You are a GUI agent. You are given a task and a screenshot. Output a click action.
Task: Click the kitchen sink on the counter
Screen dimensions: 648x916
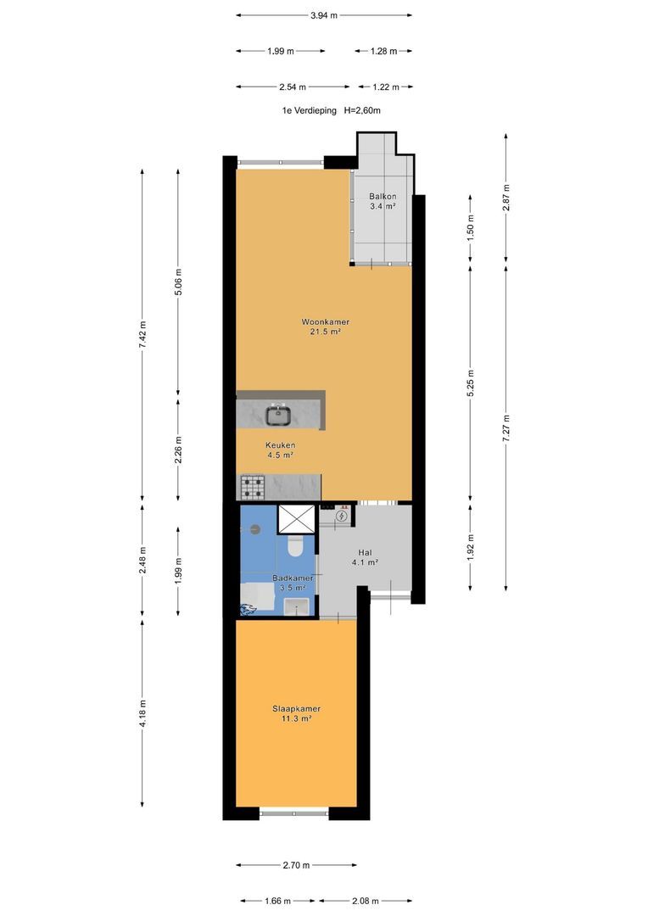pyautogui.click(x=280, y=415)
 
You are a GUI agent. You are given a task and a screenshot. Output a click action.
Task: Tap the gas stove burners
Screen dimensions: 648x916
pyautogui.click(x=253, y=487)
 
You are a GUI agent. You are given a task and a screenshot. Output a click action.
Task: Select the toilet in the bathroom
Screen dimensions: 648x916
pyautogui.click(x=295, y=546)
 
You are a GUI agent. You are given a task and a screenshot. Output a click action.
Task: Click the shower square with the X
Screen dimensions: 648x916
pyautogui.click(x=296, y=519)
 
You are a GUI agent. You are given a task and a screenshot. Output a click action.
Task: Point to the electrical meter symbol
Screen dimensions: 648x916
pyautogui.click(x=341, y=516)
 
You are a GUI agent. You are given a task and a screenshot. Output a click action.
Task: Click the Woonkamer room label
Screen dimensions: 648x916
pyautogui.click(x=326, y=322)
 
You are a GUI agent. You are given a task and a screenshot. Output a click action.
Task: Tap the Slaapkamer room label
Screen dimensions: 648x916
pyautogui.click(x=296, y=708)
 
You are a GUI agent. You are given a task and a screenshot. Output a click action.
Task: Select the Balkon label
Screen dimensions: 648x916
pyautogui.click(x=383, y=196)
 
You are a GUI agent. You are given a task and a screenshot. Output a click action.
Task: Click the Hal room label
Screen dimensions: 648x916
pyautogui.click(x=366, y=553)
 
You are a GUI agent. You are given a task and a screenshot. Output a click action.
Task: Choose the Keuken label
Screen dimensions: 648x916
pyautogui.click(x=281, y=445)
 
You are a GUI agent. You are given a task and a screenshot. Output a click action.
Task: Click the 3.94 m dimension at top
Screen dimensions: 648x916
pyautogui.click(x=324, y=15)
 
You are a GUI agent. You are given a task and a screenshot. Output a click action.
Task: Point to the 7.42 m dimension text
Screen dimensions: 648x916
pyautogui.click(x=142, y=335)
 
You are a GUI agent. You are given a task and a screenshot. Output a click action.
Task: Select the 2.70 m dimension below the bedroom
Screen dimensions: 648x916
pyautogui.click(x=296, y=865)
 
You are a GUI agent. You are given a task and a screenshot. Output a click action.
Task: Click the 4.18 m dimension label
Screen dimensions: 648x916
pyautogui.click(x=142, y=713)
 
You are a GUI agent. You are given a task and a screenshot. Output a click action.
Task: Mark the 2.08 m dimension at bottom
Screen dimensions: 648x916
pyautogui.click(x=366, y=901)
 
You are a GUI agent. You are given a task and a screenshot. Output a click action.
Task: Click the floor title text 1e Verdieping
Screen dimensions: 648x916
pyautogui.click(x=309, y=109)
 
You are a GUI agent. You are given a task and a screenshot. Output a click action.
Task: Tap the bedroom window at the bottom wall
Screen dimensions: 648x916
pyautogui.click(x=294, y=812)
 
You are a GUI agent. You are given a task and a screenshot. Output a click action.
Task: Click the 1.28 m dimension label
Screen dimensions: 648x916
pyautogui.click(x=384, y=52)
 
